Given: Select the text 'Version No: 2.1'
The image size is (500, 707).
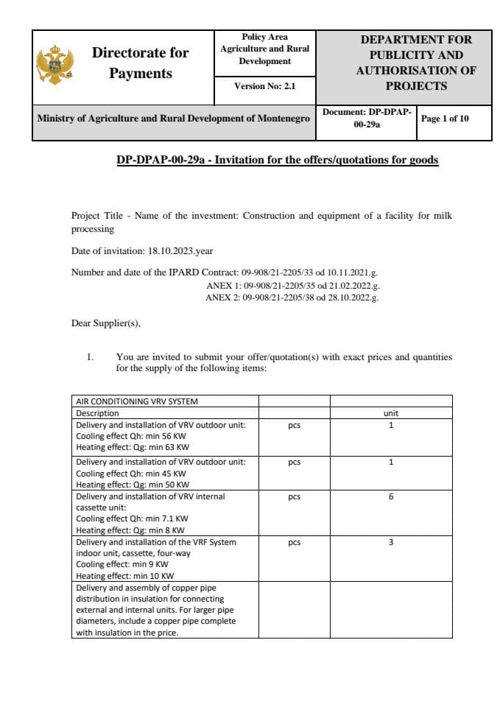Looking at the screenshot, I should (264, 86).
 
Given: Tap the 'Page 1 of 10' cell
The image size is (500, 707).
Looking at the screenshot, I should (444, 118).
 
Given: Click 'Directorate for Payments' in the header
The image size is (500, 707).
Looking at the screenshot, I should (141, 63).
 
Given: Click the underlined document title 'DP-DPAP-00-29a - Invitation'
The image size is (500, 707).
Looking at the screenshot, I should (277, 160).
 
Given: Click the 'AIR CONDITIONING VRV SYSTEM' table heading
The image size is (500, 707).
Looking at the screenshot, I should (138, 401).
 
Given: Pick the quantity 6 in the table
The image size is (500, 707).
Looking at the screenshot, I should (391, 496).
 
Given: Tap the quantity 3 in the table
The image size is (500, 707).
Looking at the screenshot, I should (391, 542).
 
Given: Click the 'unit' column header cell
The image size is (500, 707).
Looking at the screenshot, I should (391, 413).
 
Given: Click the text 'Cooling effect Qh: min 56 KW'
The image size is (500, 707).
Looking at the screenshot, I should (131, 436).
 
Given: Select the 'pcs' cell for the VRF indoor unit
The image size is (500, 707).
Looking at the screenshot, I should (294, 542).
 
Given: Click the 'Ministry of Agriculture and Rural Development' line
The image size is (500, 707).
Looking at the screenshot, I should (174, 118).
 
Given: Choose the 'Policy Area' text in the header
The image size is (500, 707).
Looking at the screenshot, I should (264, 37).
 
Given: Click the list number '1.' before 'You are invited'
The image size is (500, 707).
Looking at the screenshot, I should (91, 357).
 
